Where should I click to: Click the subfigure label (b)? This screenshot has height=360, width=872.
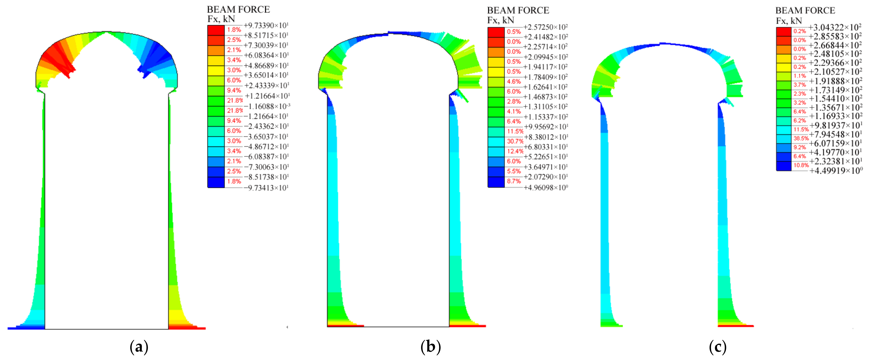(x=431, y=347)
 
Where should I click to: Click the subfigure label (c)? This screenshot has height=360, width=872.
(x=718, y=347)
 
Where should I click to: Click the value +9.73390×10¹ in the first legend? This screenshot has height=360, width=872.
(x=266, y=25)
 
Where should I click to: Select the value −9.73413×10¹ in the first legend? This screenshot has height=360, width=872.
(x=266, y=188)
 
